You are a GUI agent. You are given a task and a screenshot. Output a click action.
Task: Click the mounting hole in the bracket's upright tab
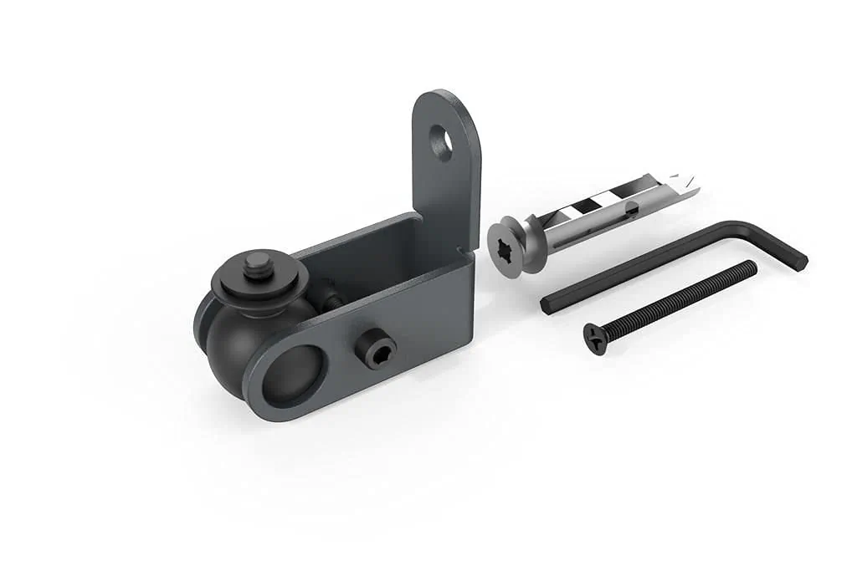pyautogui.click(x=442, y=143)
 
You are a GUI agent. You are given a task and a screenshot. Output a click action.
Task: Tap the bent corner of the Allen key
pyautogui.click(x=736, y=227)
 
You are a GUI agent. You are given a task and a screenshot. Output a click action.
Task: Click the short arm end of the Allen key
pyautogui.click(x=799, y=261)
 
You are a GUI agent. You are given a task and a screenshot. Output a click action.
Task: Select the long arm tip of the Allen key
pyautogui.click(x=548, y=305)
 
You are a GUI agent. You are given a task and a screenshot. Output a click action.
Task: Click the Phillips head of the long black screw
pyautogui.click(x=596, y=339)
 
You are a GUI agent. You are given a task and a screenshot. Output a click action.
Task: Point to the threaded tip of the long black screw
pyautogui.click(x=751, y=267)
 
